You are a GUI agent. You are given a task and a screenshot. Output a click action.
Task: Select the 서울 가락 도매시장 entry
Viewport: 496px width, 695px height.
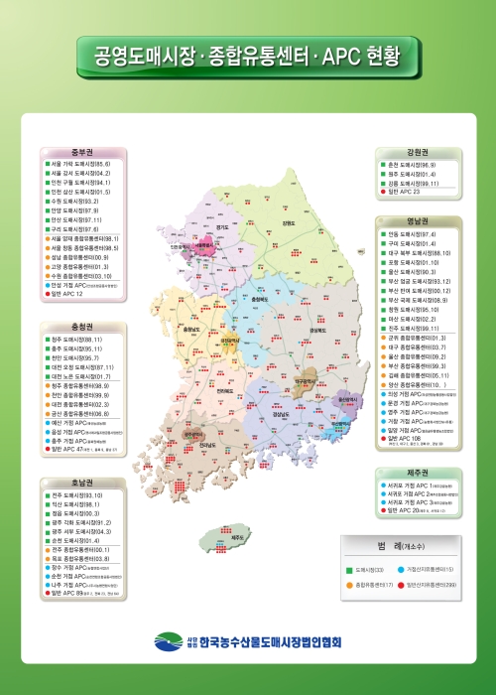point(81,165)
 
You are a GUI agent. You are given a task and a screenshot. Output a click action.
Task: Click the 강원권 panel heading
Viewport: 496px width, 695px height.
point(416,153)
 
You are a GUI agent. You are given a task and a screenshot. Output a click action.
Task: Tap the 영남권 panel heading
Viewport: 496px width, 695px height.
point(416,222)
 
